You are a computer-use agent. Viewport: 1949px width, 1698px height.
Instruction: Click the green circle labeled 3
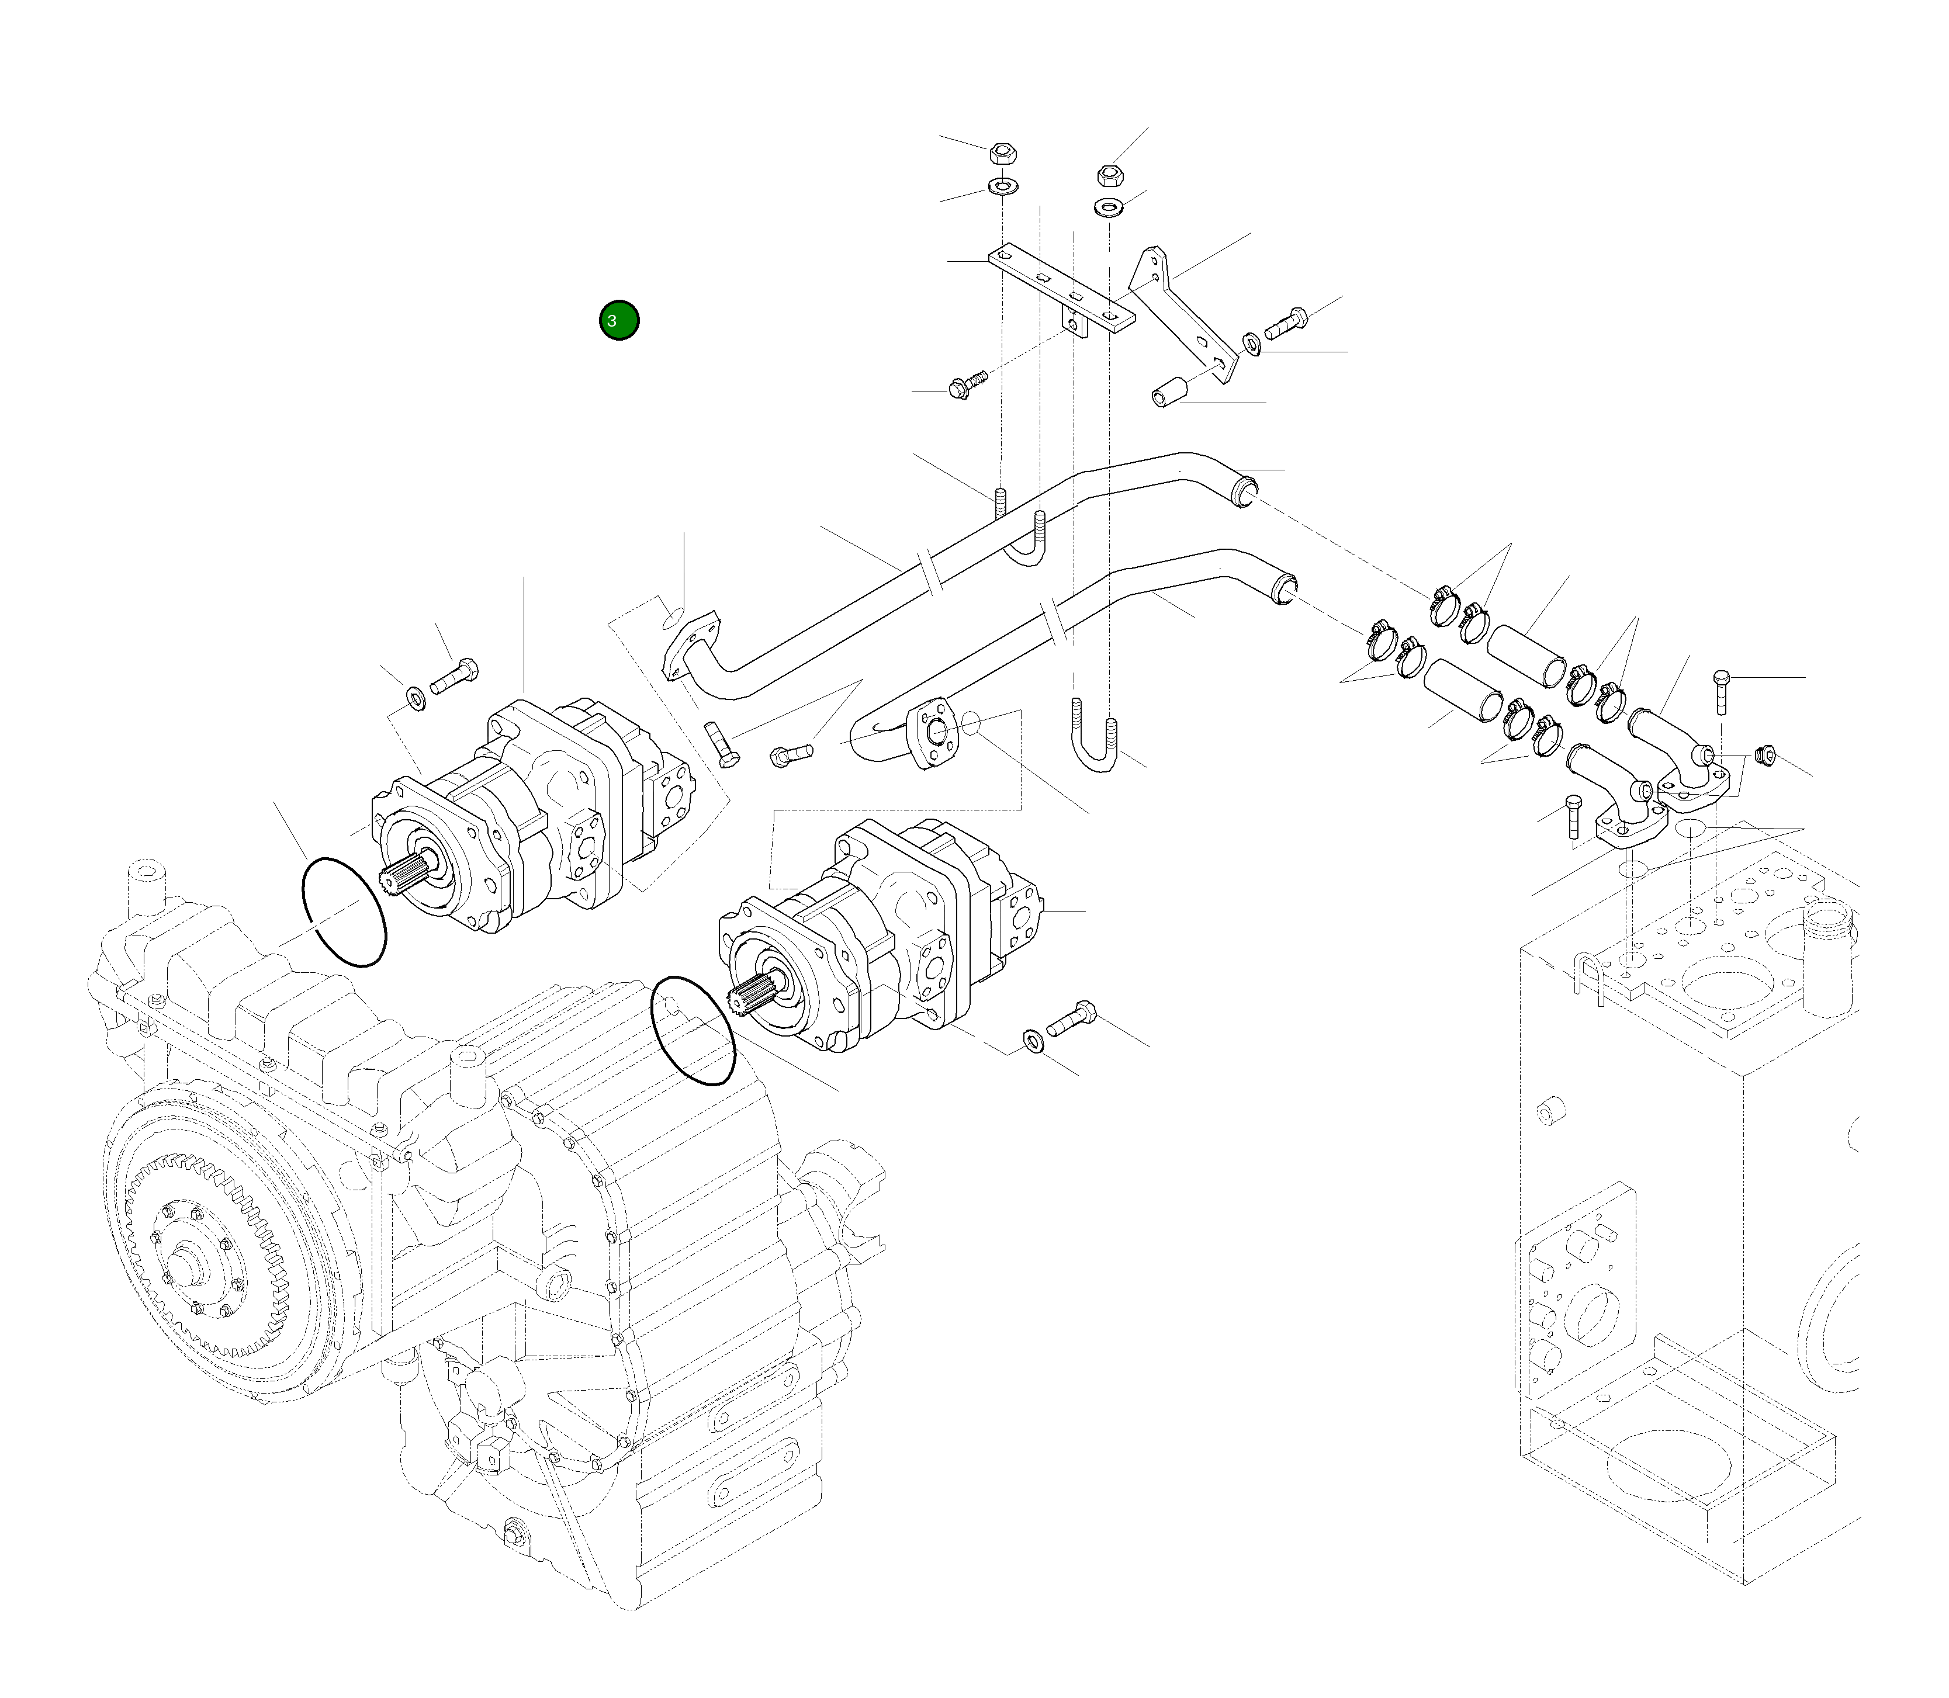click(x=619, y=320)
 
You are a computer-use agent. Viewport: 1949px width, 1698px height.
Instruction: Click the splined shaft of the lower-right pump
click(x=749, y=1000)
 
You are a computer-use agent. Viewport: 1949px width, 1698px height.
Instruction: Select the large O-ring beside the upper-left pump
click(x=343, y=912)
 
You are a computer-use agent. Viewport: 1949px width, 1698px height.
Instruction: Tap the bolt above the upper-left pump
click(x=454, y=675)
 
